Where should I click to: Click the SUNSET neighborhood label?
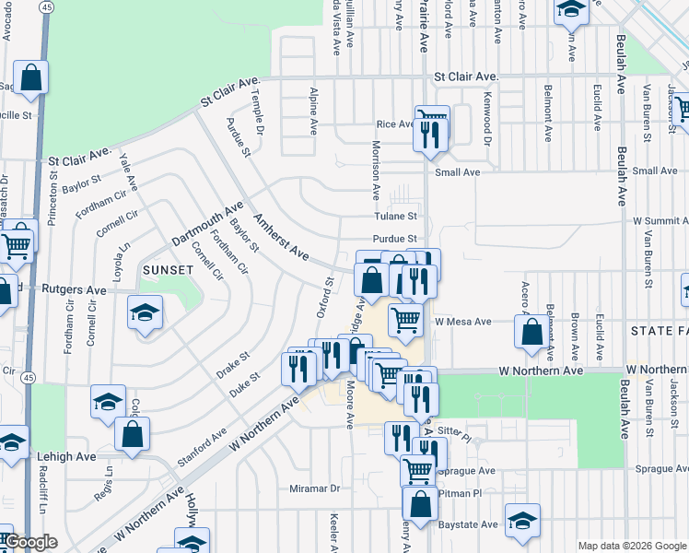[x=167, y=270]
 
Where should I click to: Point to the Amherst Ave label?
[x=281, y=236]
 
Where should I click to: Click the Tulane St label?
[x=395, y=217]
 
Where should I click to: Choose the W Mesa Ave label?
[x=459, y=322]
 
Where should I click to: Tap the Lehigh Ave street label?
[x=67, y=455]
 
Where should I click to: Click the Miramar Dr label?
[x=314, y=488]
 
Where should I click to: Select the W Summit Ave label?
[x=660, y=221]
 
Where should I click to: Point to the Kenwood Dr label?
[x=487, y=110]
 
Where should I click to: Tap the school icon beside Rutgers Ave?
[x=146, y=312]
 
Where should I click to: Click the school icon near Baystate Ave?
[x=522, y=521]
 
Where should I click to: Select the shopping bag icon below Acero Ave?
[x=532, y=333]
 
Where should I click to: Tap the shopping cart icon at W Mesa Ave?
[x=405, y=321]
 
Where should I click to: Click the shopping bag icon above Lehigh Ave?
[x=133, y=433]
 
